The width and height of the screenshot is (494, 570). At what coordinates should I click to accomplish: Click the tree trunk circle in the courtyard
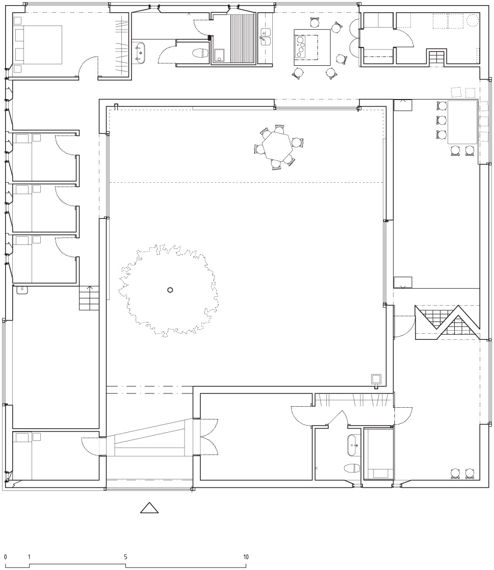click(170, 290)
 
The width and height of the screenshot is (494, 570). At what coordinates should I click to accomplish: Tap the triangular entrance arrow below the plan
click(149, 508)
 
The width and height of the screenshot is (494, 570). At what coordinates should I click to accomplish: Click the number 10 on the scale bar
click(246, 557)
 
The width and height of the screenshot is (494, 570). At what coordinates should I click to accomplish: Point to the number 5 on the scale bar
click(125, 557)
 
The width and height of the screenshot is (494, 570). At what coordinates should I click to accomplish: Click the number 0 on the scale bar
click(5, 557)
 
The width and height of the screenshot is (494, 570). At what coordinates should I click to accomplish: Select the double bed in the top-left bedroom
click(38, 45)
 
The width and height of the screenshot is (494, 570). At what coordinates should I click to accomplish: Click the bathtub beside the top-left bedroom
click(140, 51)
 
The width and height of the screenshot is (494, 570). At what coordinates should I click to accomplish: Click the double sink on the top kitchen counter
click(266, 36)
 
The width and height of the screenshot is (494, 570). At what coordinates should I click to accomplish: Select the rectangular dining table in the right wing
click(462, 122)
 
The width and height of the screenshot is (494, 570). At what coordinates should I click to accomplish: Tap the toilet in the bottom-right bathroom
click(352, 468)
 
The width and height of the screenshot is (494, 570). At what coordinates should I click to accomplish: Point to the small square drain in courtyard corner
click(376, 379)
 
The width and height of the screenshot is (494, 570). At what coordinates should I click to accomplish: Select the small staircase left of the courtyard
click(89, 298)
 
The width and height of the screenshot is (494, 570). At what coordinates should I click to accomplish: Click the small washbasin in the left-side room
click(22, 290)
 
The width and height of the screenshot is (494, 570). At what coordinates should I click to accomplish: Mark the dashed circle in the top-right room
click(472, 20)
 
